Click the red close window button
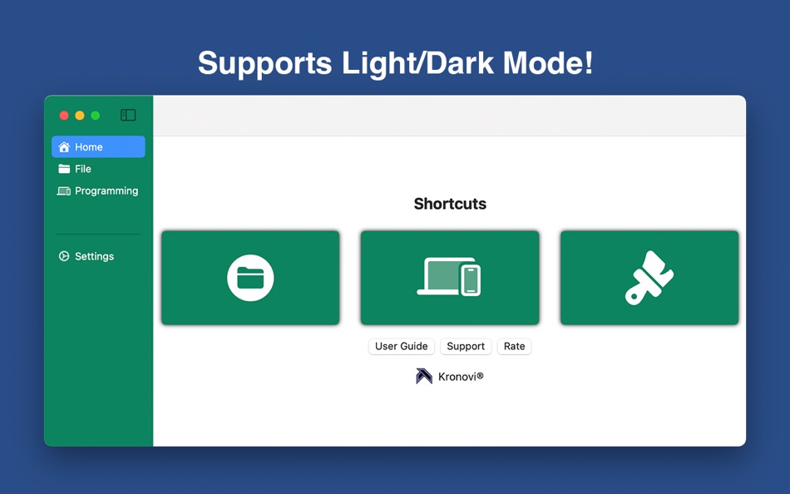coord(64,116)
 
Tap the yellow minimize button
coord(80,116)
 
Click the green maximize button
coord(96,116)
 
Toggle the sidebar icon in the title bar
coord(128,115)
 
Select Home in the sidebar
coord(98,146)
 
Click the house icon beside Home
coord(64,146)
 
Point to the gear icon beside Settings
coord(64,256)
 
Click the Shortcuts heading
coord(450,204)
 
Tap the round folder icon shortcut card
coord(250,278)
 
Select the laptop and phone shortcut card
coord(450,278)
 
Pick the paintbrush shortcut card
coord(649,278)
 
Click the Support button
coord(466,346)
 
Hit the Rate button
coord(515,346)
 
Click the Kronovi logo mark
coord(424,376)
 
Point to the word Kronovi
coord(457,377)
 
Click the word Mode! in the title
coord(548,63)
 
